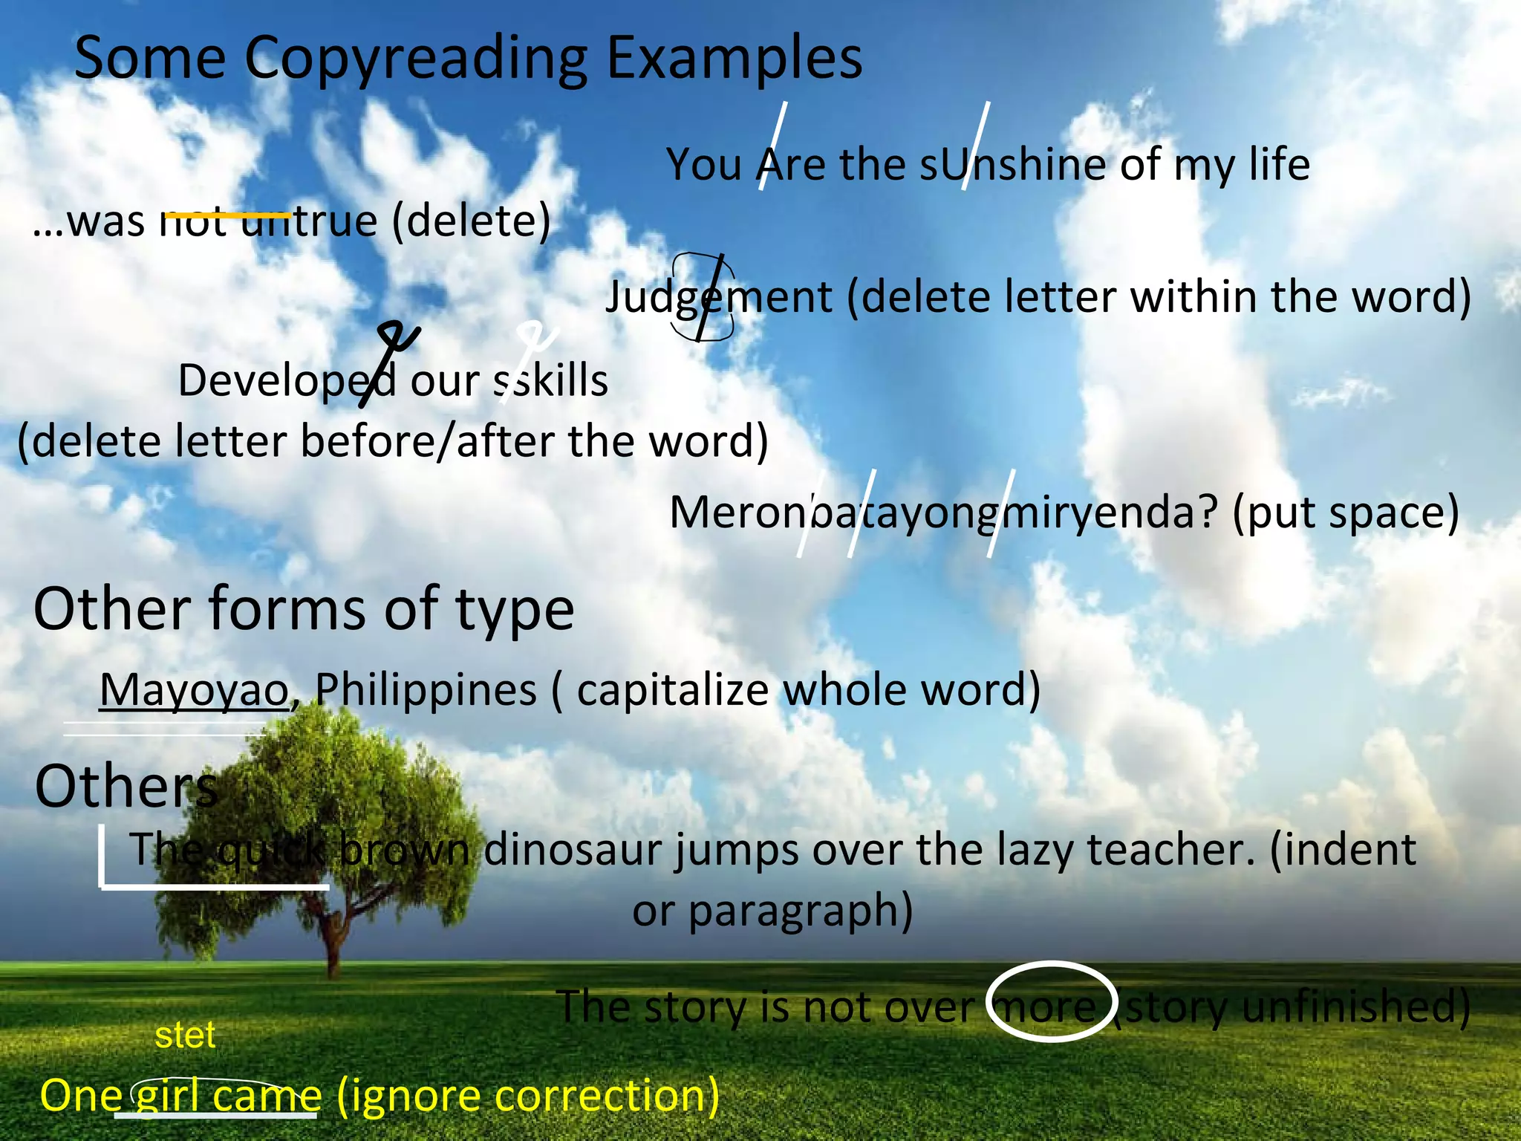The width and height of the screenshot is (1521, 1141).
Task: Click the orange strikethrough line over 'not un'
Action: coord(227,215)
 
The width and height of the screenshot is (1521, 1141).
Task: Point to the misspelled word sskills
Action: coord(551,381)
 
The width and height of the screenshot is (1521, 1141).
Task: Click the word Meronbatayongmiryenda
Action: coord(943,513)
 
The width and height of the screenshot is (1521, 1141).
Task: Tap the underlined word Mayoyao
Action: coord(195,690)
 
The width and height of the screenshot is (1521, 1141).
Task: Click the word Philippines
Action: coord(426,690)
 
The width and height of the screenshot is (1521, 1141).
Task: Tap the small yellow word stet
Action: coord(185,1035)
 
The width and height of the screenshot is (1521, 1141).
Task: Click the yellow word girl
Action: coord(168,1096)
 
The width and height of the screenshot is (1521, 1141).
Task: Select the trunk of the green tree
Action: coord(332,943)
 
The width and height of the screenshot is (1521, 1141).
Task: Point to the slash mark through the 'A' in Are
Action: coord(773,146)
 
